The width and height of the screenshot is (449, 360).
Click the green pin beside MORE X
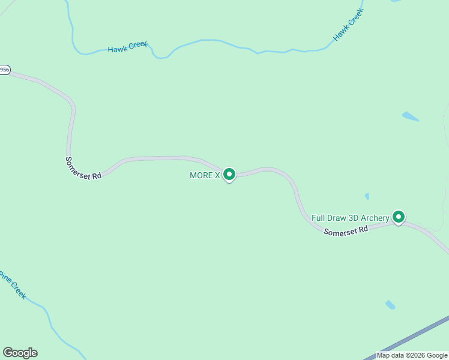pyautogui.click(x=229, y=174)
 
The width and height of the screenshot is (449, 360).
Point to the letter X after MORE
pyautogui.click(x=217, y=175)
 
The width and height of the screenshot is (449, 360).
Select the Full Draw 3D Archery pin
pyautogui.click(x=398, y=217)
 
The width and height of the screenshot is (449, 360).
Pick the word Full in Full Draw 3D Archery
pyautogui.click(x=318, y=217)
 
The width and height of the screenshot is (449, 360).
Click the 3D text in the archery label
pyautogui.click(x=355, y=217)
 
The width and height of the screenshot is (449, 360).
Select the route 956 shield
pyautogui.click(x=4, y=70)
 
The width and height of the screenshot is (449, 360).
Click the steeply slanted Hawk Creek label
pyautogui.click(x=348, y=27)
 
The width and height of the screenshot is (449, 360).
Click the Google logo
pyautogui.click(x=20, y=353)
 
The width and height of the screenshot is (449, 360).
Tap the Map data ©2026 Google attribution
pyautogui.click(x=412, y=355)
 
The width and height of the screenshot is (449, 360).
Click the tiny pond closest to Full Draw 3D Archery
pyautogui.click(x=367, y=196)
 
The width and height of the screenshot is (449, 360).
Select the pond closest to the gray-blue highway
pyautogui.click(x=390, y=305)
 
